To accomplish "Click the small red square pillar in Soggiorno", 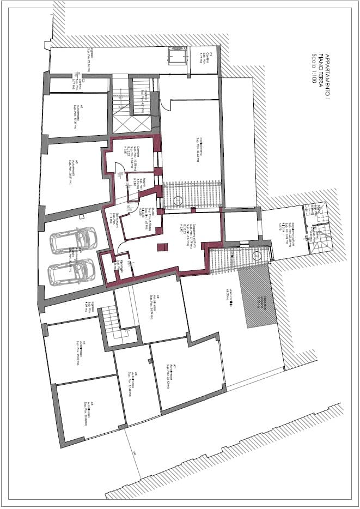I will tap(161, 247).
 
